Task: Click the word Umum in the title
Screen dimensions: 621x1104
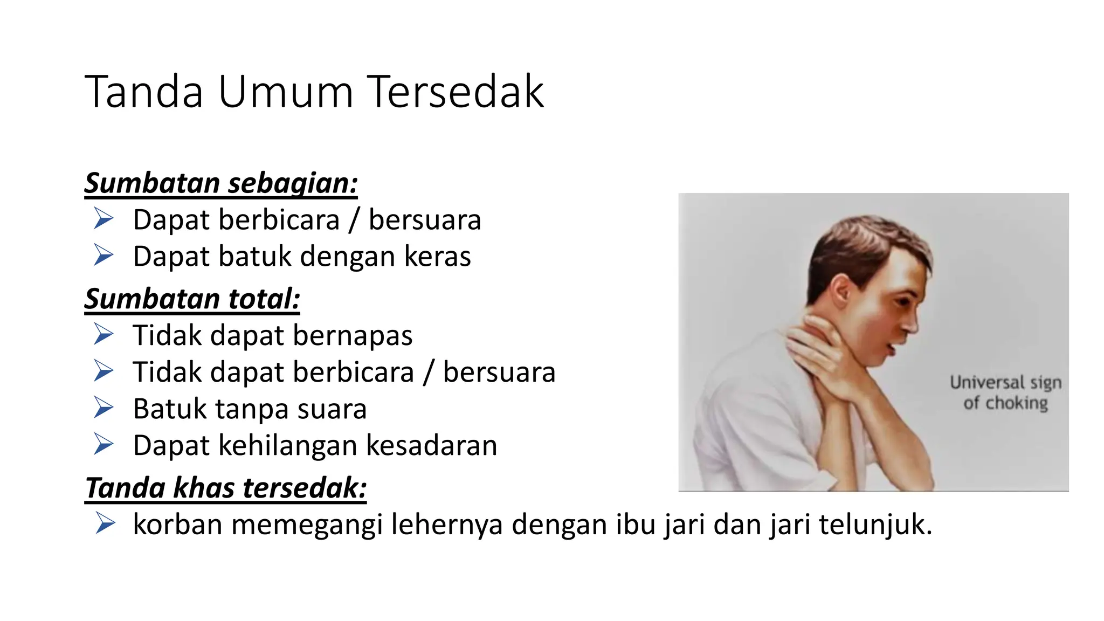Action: click(x=286, y=92)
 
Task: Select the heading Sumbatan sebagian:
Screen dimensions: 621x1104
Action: click(x=221, y=183)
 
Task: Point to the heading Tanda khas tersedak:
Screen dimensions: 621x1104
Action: click(x=226, y=488)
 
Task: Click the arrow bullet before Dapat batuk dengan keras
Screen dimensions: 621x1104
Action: click(x=103, y=255)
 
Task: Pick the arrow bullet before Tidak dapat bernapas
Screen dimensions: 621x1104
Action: click(x=103, y=334)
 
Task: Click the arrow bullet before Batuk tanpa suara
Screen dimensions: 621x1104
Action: click(x=103, y=408)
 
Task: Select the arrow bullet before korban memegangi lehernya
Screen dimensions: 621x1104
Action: click(x=105, y=523)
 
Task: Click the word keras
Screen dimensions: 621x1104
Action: click(x=438, y=256)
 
